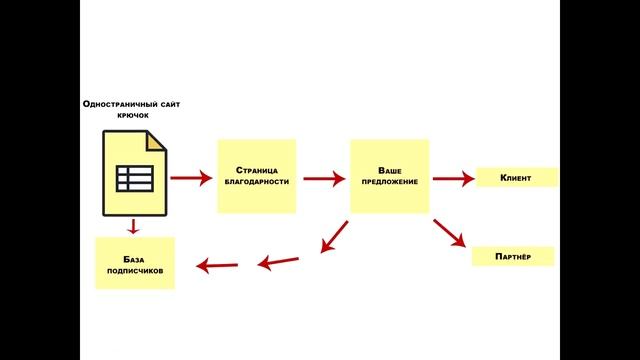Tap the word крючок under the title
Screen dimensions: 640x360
coord(133,116)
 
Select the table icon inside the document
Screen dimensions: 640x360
coord(135,178)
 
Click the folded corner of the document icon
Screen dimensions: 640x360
coord(157,141)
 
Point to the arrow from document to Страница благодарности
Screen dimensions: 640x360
coord(191,178)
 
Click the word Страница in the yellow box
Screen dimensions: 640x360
coord(257,170)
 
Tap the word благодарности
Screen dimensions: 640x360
coord(257,182)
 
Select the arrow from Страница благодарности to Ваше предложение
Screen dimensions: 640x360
coord(324,178)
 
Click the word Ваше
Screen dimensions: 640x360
coord(390,171)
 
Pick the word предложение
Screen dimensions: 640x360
coord(390,182)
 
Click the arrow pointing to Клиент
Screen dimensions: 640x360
coord(453,178)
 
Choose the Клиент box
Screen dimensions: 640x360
coord(517,178)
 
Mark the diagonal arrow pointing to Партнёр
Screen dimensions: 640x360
coord(449,233)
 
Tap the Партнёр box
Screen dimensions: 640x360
coord(513,256)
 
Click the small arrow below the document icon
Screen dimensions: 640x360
coord(133,227)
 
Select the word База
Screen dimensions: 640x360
coord(133,260)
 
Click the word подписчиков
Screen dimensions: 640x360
coord(135,271)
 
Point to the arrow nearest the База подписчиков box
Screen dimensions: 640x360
coord(217,266)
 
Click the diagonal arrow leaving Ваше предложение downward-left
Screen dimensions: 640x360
coord(334,237)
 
